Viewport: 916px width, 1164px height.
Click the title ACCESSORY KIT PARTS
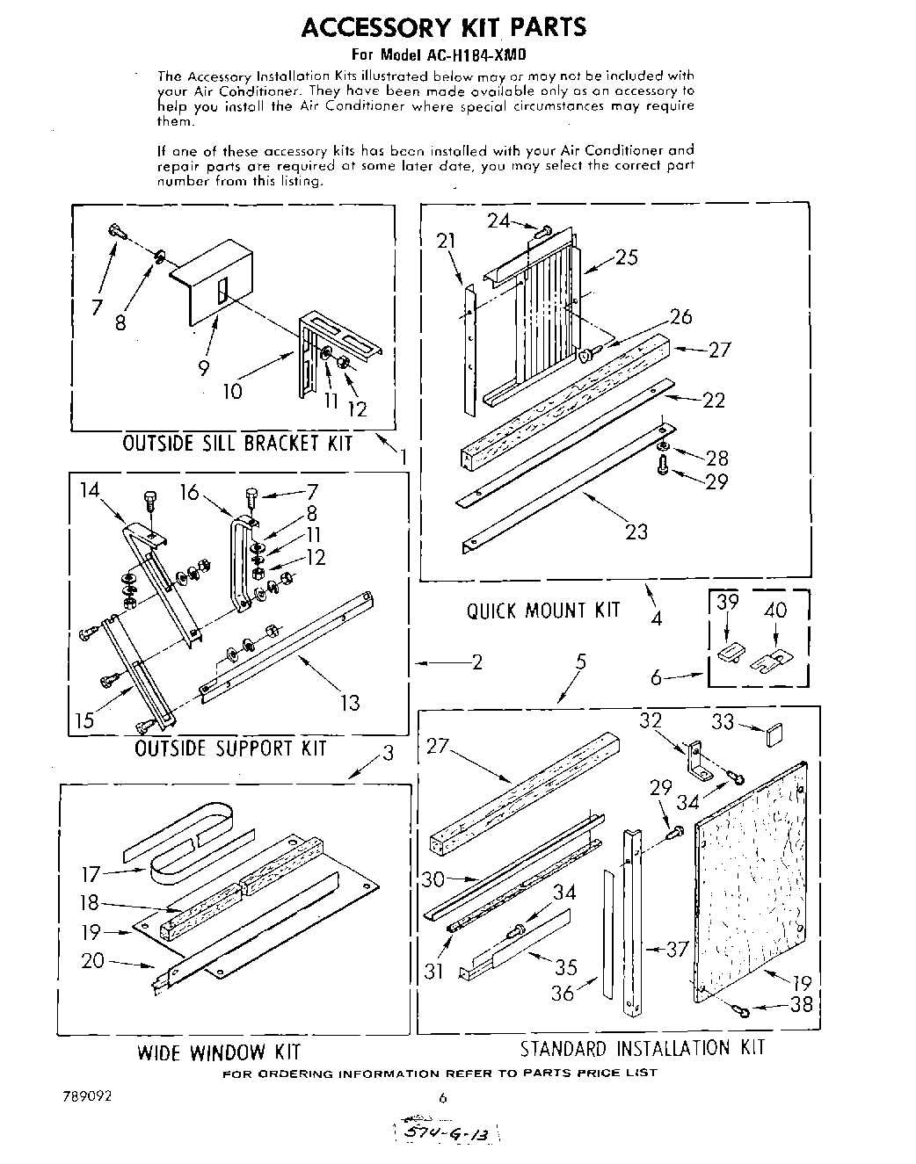point(443,27)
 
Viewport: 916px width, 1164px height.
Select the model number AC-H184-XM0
point(476,54)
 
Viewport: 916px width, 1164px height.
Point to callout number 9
point(203,367)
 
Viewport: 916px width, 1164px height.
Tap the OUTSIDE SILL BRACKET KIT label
point(237,443)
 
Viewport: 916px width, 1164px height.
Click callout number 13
point(349,702)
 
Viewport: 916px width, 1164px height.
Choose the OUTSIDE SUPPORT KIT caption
point(230,748)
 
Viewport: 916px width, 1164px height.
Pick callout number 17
point(91,874)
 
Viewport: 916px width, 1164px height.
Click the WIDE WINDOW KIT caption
point(219,1052)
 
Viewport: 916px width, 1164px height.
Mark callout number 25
point(626,257)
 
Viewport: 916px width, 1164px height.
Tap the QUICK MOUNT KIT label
point(543,610)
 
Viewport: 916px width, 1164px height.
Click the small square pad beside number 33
point(773,734)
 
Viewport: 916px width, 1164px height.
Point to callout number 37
point(676,950)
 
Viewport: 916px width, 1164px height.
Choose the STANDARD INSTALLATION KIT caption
point(642,1047)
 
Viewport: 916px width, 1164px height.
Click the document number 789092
point(87,1096)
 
